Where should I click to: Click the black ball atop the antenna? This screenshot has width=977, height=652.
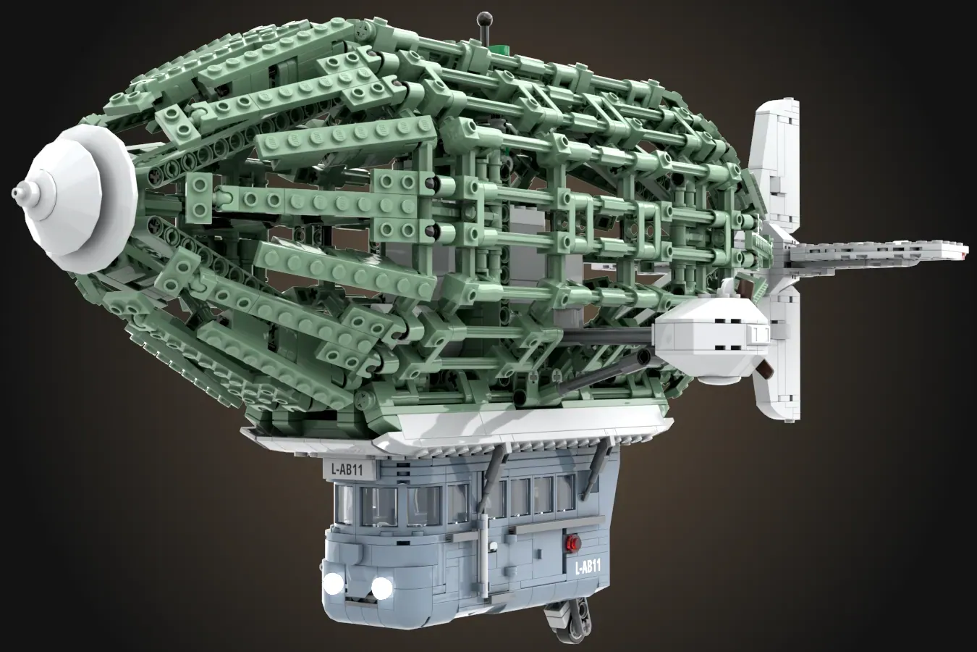tap(485, 19)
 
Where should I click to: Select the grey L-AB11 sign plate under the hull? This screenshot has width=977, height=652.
tap(347, 469)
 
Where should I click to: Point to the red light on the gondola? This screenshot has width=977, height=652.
tap(572, 544)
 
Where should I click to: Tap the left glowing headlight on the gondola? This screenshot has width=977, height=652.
tap(333, 582)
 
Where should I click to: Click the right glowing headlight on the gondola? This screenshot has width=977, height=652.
tap(382, 587)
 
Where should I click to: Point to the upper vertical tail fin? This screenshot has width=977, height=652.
tap(777, 166)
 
